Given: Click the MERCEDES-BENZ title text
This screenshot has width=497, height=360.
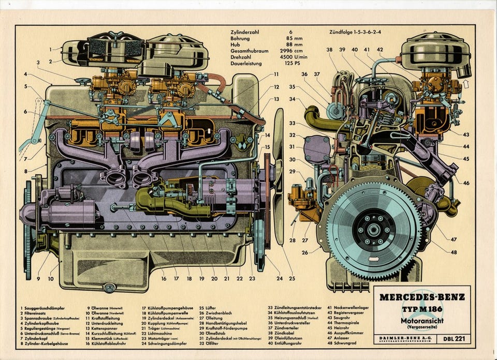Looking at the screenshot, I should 422,297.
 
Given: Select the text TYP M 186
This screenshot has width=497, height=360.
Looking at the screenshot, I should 422,309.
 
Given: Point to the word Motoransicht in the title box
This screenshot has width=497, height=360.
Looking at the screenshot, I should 422,320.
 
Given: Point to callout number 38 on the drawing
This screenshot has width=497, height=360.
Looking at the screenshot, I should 330,50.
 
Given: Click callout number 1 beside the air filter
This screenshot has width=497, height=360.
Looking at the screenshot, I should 51,50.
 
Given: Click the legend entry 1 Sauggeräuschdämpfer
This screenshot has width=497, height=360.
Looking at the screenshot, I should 44,308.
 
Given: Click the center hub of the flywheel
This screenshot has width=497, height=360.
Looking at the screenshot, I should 373,228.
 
